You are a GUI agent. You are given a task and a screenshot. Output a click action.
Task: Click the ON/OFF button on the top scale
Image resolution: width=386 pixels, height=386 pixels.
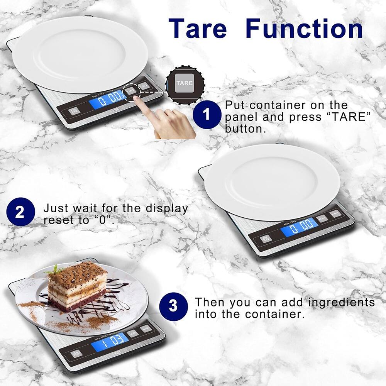click(x=73, y=112)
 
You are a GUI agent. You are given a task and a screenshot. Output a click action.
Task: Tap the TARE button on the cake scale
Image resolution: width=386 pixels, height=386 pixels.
click(x=133, y=333)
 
